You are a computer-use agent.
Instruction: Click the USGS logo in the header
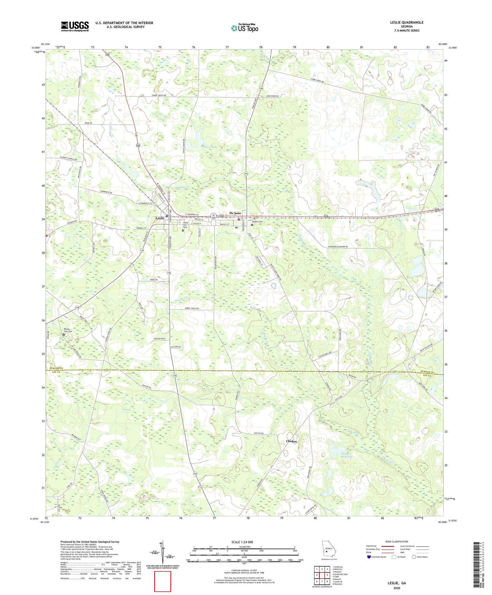[x=75, y=26]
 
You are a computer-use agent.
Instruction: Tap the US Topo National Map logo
[x=244, y=28]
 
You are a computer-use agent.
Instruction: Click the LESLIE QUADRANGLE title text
[x=407, y=22]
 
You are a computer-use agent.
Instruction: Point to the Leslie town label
[x=160, y=218]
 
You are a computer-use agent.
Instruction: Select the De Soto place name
[x=235, y=213]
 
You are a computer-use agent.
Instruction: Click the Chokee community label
[x=291, y=441]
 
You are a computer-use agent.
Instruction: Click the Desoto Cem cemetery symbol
[x=252, y=225]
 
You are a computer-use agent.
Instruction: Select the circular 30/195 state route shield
[x=213, y=215]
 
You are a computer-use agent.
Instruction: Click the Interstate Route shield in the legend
[x=369, y=557]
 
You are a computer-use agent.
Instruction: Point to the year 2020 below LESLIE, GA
[x=397, y=588]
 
